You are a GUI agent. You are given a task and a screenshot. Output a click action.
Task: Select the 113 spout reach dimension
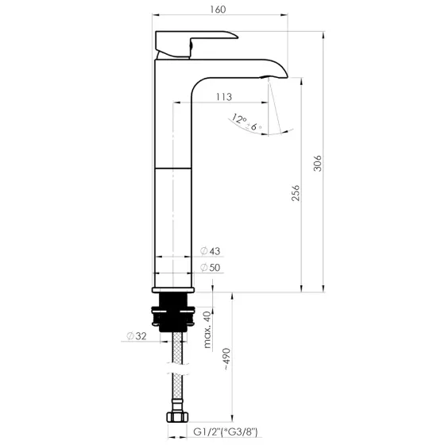tap(223, 97)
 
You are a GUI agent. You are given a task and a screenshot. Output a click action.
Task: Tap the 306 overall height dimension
tap(318, 164)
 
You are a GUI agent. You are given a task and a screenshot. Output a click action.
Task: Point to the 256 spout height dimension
tap(295, 194)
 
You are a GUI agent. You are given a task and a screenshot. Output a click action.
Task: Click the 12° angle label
tap(238, 119)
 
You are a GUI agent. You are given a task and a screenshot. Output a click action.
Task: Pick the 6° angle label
tap(255, 127)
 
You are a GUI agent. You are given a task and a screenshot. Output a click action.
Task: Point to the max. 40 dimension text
tap(207, 330)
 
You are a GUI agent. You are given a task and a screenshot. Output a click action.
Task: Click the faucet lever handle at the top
tap(195, 43)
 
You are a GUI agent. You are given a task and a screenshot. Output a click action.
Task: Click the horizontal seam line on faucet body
tap(172, 168)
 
